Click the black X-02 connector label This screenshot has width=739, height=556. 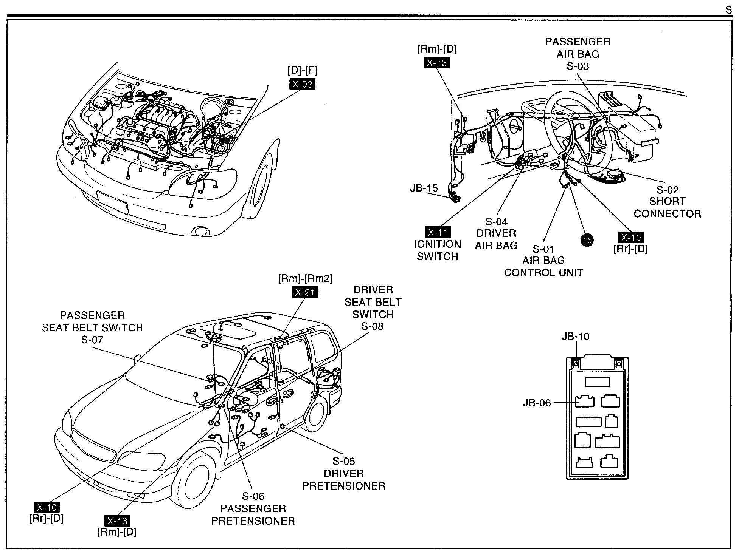(302, 84)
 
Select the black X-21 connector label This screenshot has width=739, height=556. (305, 292)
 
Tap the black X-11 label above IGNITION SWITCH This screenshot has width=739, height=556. (438, 232)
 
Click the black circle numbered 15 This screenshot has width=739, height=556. (587, 240)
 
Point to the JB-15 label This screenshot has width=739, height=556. (424, 188)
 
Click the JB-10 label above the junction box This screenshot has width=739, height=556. (575, 336)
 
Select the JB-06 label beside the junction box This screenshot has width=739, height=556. (537, 403)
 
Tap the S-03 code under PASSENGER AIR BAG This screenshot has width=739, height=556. (578, 66)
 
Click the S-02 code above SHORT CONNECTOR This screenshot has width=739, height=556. (667, 190)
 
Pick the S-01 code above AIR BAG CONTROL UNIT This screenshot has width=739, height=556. (543, 249)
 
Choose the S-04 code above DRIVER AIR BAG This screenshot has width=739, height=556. (496, 221)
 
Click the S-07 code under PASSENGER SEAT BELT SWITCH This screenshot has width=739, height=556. (92, 340)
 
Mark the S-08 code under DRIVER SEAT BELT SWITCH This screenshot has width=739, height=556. (372, 326)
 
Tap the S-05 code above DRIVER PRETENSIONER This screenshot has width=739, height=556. (344, 461)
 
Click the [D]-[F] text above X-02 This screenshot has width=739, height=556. (302, 70)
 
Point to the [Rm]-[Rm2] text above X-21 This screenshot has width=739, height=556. (305, 279)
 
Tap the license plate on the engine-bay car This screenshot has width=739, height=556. (112, 202)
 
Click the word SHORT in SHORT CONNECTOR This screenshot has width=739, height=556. (667, 201)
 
